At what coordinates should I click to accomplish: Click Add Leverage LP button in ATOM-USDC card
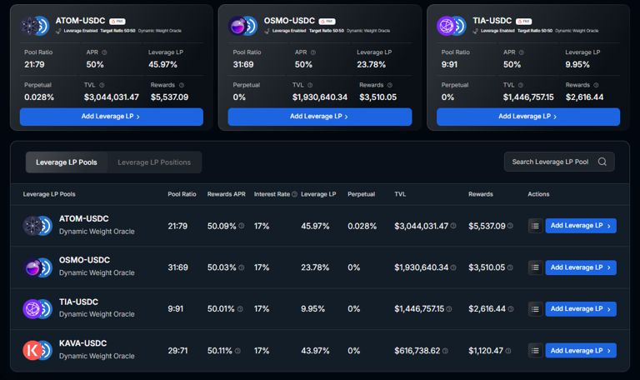point(111,117)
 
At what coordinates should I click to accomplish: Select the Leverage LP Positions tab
point(153,162)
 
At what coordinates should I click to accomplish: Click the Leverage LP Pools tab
point(66,162)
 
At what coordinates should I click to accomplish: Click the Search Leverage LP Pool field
point(550,162)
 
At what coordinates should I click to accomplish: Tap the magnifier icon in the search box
point(602,162)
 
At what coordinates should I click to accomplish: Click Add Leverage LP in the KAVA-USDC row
point(580,351)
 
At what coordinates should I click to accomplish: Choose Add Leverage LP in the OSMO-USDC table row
point(580,267)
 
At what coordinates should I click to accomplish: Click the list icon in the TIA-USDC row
point(534,309)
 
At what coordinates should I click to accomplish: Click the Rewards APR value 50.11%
point(221,351)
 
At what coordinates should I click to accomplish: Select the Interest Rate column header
point(272,194)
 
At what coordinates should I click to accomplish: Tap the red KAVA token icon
point(32,350)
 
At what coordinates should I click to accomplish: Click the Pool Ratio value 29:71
point(176,351)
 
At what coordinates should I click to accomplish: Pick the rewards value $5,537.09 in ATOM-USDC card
point(169,97)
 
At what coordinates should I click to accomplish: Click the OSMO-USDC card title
point(288,20)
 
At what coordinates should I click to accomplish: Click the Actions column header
point(538,194)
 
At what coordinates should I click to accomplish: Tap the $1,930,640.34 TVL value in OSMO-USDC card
point(320,97)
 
